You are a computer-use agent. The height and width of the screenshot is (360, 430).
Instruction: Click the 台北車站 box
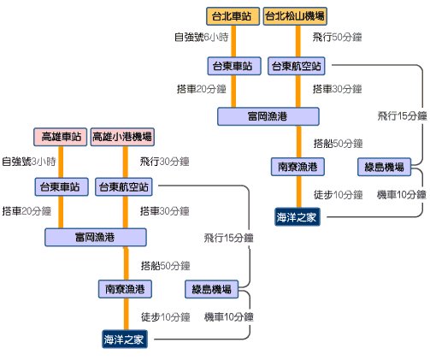pyautogui.click(x=233, y=16)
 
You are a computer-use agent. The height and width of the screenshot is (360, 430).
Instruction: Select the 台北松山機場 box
pyautogui.click(x=295, y=16)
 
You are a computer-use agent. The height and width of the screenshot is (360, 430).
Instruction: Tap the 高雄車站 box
pyautogui.click(x=60, y=137)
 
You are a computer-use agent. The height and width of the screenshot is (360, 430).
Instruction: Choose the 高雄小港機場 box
pyautogui.click(x=122, y=137)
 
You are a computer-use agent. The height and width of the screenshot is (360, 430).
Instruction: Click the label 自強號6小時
pyautogui.click(x=202, y=37)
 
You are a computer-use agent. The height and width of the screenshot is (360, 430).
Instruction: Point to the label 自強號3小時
pyautogui.click(x=29, y=162)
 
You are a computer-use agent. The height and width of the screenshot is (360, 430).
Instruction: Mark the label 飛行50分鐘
pyautogui.click(x=337, y=37)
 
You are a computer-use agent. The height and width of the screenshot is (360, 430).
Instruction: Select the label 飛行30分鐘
pyautogui.click(x=164, y=162)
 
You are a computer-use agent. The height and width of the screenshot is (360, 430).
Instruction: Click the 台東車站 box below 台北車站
pyautogui.click(x=234, y=66)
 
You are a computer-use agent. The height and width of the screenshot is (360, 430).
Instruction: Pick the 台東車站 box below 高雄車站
pyautogui.click(x=62, y=187)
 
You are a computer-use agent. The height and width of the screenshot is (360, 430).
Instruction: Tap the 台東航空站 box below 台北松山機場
pyautogui.click(x=297, y=66)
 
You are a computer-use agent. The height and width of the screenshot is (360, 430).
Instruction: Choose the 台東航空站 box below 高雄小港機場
pyautogui.click(x=124, y=187)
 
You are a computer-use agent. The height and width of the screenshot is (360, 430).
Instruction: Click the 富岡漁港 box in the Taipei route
pyautogui.click(x=268, y=116)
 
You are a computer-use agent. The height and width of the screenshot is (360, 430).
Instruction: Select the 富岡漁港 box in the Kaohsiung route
pyautogui.click(x=96, y=237)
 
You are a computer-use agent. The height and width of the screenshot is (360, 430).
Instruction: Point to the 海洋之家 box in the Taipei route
pyautogui.click(x=297, y=217)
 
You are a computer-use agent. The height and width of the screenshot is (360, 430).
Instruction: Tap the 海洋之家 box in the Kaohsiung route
pyautogui.click(x=125, y=339)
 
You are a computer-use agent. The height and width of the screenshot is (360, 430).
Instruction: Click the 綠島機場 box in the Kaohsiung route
pyautogui.click(x=211, y=289)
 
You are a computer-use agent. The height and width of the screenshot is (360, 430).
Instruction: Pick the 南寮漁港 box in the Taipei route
pyautogui.click(x=297, y=167)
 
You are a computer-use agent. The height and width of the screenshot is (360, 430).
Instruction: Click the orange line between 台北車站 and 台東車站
pyautogui.click(x=233, y=41)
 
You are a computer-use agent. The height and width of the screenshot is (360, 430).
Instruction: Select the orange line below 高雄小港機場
pyautogui.click(x=126, y=162)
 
